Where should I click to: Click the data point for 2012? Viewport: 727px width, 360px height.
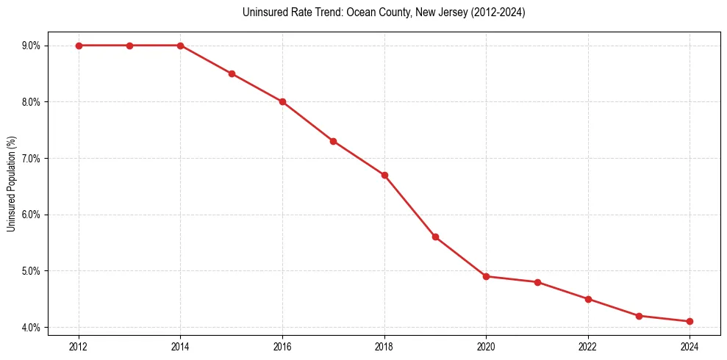click(x=79, y=46)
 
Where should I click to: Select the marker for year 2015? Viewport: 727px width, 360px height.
click(x=232, y=73)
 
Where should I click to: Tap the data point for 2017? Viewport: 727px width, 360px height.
click(x=333, y=141)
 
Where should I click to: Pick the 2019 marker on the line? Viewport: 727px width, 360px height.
click(x=435, y=237)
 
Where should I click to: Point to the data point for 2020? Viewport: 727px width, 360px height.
click(x=486, y=276)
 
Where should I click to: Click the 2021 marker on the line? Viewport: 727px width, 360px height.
click(x=537, y=282)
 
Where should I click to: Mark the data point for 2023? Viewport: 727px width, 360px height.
click(x=639, y=316)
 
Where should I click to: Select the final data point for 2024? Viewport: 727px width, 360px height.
click(x=690, y=321)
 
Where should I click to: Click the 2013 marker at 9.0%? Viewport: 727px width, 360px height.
click(x=129, y=46)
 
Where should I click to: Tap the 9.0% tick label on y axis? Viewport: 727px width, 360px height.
click(x=31, y=46)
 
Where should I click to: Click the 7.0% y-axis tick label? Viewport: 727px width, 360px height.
click(x=31, y=158)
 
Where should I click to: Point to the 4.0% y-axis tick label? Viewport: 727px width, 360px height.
click(x=31, y=327)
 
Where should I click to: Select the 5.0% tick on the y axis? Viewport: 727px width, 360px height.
click(x=31, y=271)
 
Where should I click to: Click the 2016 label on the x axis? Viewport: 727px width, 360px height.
click(x=282, y=345)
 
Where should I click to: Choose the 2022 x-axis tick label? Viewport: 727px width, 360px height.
click(x=587, y=345)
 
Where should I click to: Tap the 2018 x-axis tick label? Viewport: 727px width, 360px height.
click(x=384, y=345)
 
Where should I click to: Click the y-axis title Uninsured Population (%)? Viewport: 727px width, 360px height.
click(x=11, y=184)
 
